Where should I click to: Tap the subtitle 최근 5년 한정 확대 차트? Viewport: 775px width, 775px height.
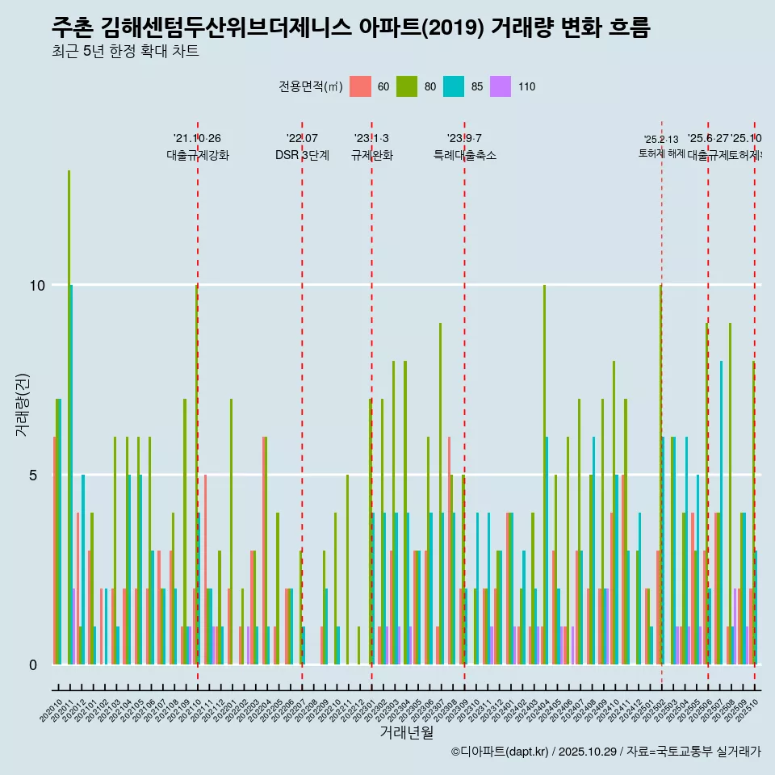125,52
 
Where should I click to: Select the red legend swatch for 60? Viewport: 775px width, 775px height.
360,86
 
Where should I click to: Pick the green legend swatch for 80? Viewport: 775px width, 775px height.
407,86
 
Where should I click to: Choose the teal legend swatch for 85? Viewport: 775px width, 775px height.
454,86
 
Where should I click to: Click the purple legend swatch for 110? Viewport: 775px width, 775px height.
501,86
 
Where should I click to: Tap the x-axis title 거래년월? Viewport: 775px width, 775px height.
407,732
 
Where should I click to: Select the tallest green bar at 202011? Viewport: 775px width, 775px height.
69,417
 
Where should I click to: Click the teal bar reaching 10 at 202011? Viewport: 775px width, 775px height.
72,475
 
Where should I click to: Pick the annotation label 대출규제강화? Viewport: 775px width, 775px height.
198,155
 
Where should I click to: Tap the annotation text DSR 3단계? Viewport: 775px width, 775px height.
302,155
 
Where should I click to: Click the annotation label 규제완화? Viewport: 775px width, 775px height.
371,155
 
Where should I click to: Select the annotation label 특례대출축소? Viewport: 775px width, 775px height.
464,155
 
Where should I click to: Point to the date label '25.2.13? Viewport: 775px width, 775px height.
661,140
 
